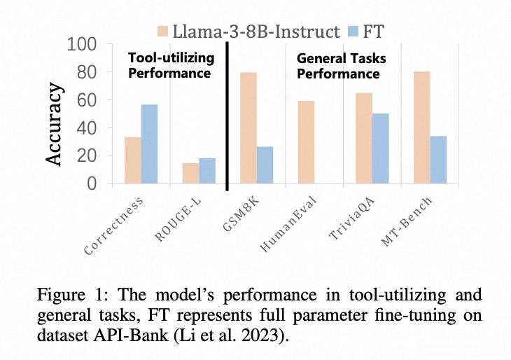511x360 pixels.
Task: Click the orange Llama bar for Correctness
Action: click(x=133, y=160)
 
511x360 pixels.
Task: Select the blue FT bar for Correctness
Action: click(x=150, y=144)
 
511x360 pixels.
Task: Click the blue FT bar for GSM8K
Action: click(x=265, y=165)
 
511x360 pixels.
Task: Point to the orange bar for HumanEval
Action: click(x=306, y=142)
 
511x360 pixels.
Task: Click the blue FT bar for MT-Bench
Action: click(x=438, y=160)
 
